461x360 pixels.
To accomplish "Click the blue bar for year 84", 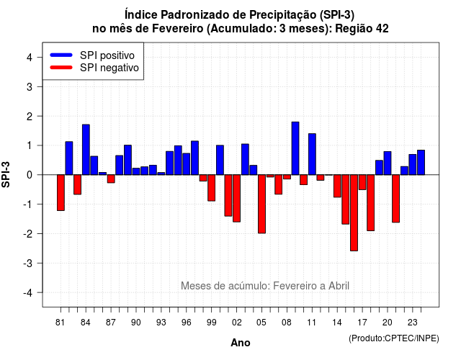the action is point(86,150).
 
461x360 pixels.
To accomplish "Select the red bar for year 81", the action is point(61,193).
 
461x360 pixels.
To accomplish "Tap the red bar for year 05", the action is point(261,204).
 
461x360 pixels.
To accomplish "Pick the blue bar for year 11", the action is point(312,154).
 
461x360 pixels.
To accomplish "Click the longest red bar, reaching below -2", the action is point(354,213).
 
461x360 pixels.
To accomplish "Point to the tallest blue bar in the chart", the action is point(295,148).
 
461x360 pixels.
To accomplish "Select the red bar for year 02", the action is point(237,199).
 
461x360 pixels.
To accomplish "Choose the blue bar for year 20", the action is point(388,163).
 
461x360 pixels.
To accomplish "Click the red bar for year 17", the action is point(362,182).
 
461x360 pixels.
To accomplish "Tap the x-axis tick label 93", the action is point(161,323).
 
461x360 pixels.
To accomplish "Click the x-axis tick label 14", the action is point(337,323).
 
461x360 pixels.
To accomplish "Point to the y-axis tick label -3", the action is point(29,263).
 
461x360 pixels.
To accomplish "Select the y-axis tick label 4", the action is point(30,58).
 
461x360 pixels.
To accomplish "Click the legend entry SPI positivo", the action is point(107,55).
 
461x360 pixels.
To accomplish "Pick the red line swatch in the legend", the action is point(61,68).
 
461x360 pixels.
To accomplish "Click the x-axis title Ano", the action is point(241,343).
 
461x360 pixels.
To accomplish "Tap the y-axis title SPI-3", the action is point(6,174).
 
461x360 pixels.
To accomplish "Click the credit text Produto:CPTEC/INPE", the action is point(394,338).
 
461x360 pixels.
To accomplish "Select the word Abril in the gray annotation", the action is point(339,286).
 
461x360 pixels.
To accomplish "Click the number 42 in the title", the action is point(382,29).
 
